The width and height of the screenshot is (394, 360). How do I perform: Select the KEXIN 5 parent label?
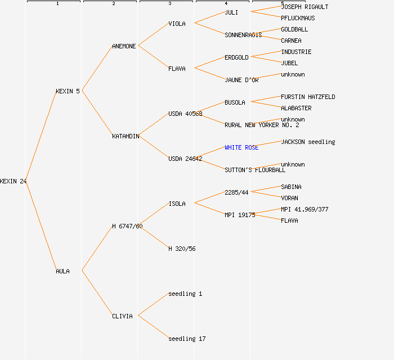pyautogui.click(x=68, y=91)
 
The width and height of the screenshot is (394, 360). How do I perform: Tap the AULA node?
pyautogui.click(x=62, y=271)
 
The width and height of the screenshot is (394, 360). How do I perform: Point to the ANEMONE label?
pyautogui.click(x=124, y=46)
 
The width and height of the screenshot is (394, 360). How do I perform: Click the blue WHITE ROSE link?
pyautogui.click(x=241, y=147)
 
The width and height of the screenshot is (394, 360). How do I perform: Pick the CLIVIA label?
pyautogui.click(x=122, y=316)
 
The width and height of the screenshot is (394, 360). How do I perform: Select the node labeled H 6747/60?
pyautogui.click(x=127, y=226)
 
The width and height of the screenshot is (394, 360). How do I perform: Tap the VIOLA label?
pyautogui.click(x=177, y=24)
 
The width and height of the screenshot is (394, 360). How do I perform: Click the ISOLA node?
pyautogui.click(x=177, y=204)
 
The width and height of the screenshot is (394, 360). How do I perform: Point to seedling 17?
pyautogui.click(x=187, y=339)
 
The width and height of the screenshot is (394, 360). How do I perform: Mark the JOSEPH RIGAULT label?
pyautogui.click(x=305, y=7)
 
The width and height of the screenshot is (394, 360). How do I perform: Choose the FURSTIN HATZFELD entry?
pyautogui.click(x=308, y=97)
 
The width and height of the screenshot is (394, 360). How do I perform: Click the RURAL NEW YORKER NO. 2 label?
pyautogui.click(x=262, y=125)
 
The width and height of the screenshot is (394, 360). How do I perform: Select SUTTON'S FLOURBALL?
pyautogui.click(x=255, y=170)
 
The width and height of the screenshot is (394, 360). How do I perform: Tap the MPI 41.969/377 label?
pyautogui.click(x=305, y=209)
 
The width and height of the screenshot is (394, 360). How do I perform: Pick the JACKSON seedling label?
pyautogui.click(x=308, y=142)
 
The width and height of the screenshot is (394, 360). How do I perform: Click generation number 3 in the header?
pyautogui.click(x=169, y=4)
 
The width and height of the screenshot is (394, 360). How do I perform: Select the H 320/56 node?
pyautogui.click(x=182, y=249)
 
